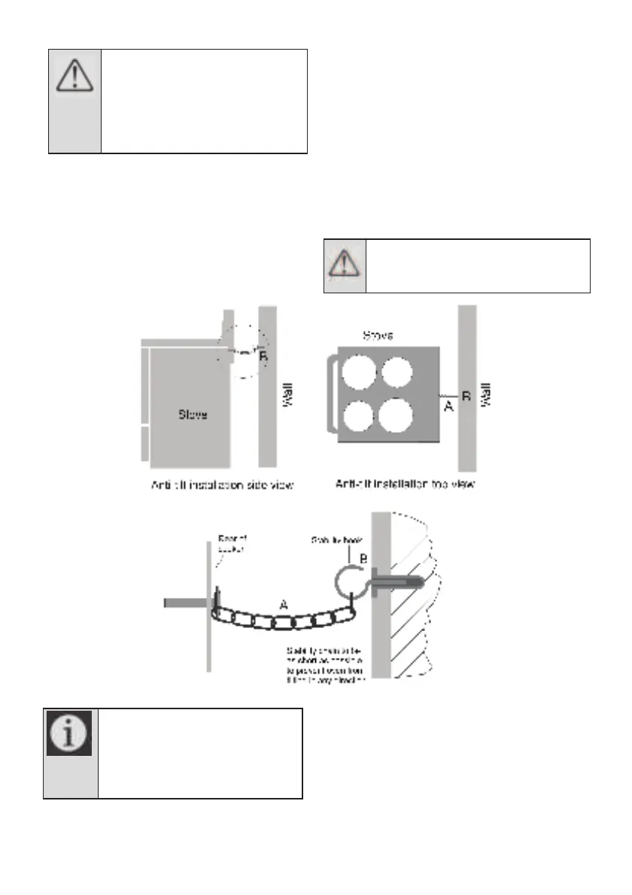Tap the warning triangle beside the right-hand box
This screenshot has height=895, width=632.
pos(345,263)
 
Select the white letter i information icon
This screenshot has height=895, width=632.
pos(69,733)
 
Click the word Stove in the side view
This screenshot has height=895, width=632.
pos(193,414)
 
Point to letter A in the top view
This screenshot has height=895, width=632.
pos(448,406)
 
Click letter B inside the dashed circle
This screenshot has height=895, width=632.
pos(263,358)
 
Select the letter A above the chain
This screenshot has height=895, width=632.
pos(283,602)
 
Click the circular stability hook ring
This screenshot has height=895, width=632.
pos(348,581)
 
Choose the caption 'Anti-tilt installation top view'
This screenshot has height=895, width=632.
pos(405,485)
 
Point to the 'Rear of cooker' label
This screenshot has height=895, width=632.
pos(231,544)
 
